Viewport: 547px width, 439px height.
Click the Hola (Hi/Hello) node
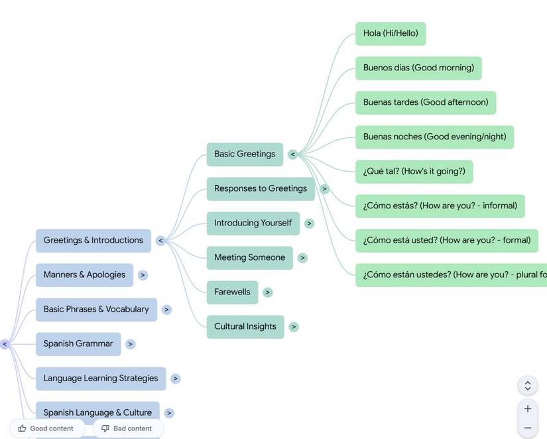coord(391,33)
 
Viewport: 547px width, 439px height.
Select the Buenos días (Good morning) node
coord(418,68)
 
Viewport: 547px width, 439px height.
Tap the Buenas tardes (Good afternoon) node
coord(426,102)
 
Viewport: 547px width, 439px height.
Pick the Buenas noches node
coord(434,137)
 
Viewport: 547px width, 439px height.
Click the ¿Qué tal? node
coord(414,171)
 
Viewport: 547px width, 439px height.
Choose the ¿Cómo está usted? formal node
coord(447,240)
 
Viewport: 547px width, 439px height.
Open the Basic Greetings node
coord(245,154)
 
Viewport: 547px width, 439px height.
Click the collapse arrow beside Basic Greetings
coord(292,155)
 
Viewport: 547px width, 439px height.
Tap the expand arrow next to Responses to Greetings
coord(324,189)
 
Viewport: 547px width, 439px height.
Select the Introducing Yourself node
coord(253,223)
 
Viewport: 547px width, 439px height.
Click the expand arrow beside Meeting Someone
coord(302,258)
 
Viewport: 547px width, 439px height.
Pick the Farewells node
coord(232,292)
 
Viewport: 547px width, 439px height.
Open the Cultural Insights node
coord(245,326)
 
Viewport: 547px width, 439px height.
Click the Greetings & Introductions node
coord(93,240)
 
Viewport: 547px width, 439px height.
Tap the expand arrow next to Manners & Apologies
coord(143,275)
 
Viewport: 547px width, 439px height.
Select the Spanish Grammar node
coord(78,344)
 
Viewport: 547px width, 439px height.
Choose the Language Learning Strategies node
coord(101,378)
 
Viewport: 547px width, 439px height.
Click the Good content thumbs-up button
coord(46,428)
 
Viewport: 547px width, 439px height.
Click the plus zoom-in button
coord(528,409)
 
